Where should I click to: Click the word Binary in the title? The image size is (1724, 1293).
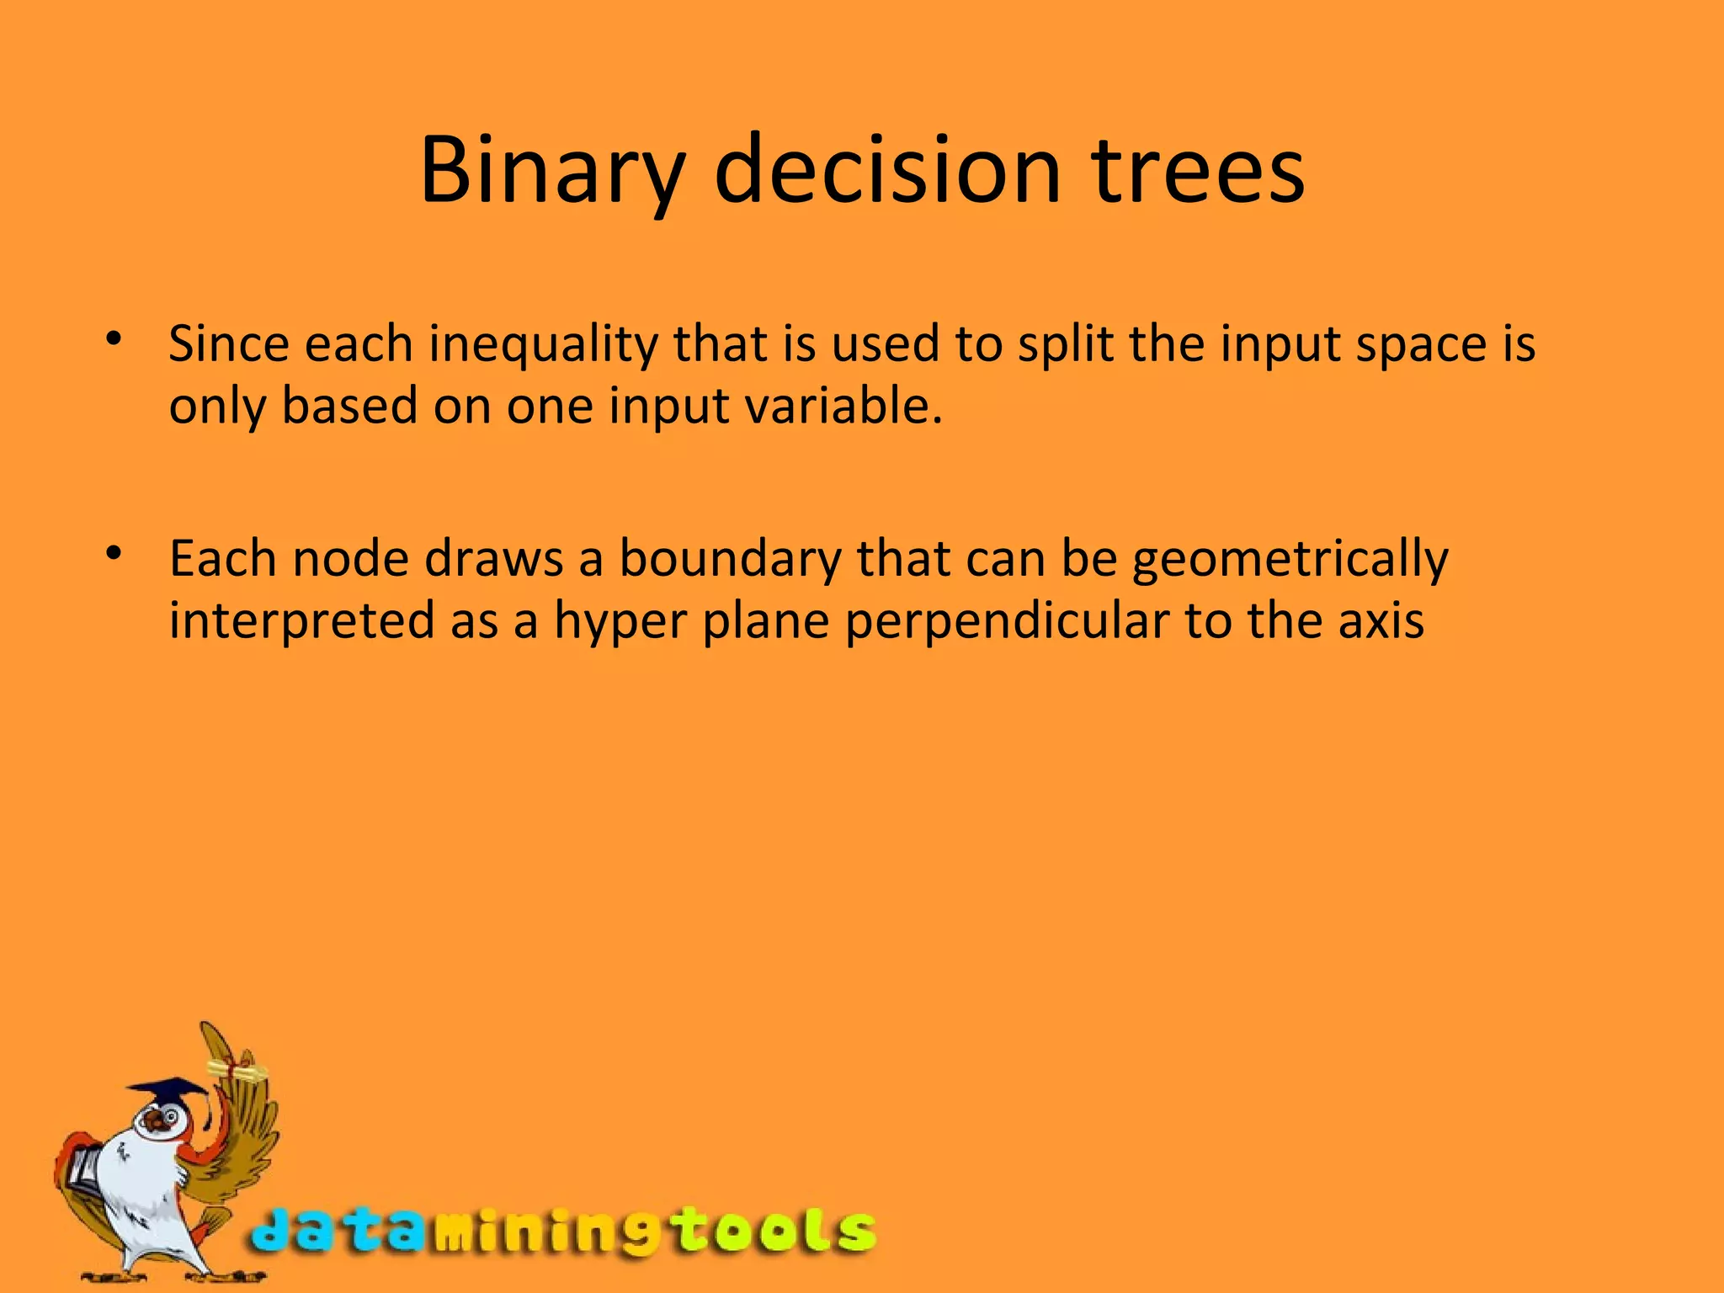[552, 171]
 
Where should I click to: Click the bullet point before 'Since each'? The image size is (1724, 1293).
[114, 339]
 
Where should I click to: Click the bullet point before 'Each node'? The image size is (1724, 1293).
[114, 554]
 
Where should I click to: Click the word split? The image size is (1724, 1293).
[1065, 345]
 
